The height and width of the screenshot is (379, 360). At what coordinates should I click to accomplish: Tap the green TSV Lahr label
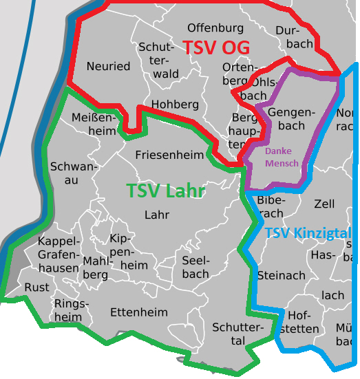pos(166,191)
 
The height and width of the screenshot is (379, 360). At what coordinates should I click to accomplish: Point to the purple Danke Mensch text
pos(282,157)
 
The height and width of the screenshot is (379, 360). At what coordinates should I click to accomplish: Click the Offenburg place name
pos(215,28)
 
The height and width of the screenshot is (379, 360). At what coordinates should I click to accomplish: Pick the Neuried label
pos(108,66)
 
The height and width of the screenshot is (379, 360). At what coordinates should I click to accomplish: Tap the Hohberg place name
pos(175,105)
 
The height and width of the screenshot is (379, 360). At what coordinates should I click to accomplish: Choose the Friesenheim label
pos(169,154)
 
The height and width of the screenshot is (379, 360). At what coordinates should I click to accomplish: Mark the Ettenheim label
pos(138,312)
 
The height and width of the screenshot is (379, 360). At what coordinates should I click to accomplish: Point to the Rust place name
pos(37,287)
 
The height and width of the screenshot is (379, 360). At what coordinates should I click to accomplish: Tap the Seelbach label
pos(195,267)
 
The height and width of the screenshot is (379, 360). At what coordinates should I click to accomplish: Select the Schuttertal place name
pos(238,334)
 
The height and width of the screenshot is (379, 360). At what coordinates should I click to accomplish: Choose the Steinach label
pos(281,275)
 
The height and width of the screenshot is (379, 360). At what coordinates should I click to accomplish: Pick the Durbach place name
pos(294,37)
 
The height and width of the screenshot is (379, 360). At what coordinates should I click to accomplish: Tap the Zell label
pos(324,204)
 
